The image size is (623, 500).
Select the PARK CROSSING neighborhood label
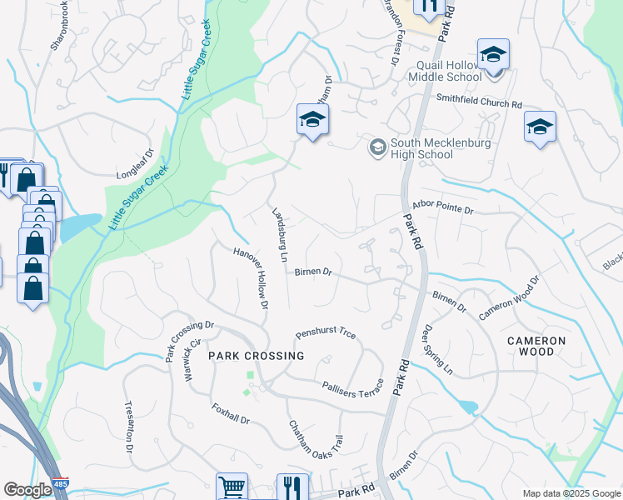pos(256,355)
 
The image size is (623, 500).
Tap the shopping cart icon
pos(232,487)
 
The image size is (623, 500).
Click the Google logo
pos(27,489)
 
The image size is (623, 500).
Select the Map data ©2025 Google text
pos(571,493)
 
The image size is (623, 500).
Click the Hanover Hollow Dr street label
pos(251,277)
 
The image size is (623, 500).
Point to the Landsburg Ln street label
pos(279,235)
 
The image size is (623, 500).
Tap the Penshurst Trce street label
pos(326,333)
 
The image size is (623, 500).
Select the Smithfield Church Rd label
pos(479,101)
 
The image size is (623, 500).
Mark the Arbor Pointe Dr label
pos(442,207)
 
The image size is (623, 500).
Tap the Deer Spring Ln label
pos(438,348)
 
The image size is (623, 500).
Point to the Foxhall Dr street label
pos(231,414)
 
